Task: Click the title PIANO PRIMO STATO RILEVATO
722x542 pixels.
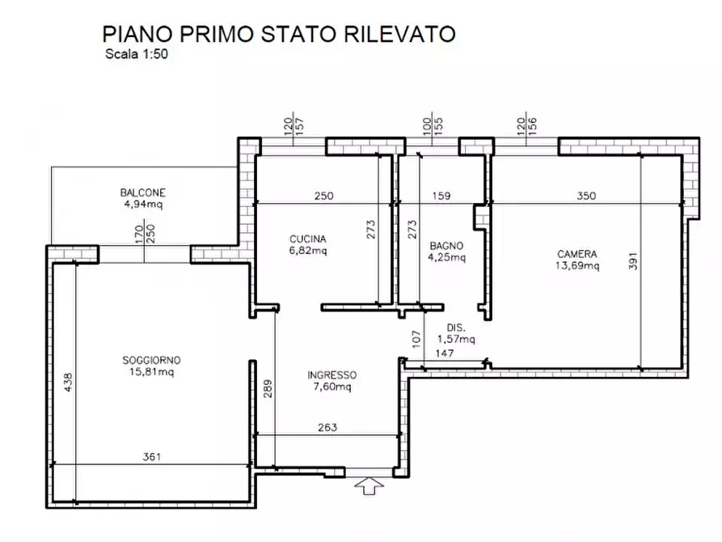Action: pos(279,34)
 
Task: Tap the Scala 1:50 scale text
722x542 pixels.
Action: pos(136,56)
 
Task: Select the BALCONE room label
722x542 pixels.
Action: pos(143,193)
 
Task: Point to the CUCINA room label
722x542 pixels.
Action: pos(308,239)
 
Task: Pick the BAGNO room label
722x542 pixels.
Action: pos(446,245)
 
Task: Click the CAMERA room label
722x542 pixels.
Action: pos(577,252)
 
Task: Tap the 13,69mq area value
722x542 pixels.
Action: pos(577,265)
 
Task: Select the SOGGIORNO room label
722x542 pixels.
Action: pos(151,360)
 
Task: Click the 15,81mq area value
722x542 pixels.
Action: pos(151,372)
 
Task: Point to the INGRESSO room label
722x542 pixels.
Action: pos(331,375)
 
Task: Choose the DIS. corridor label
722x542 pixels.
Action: pos(456,328)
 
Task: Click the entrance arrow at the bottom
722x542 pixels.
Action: pos(370,486)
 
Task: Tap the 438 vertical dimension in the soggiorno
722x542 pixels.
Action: pos(69,381)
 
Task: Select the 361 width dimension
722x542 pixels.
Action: pos(151,457)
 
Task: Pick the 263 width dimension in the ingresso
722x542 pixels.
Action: pos(327,428)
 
